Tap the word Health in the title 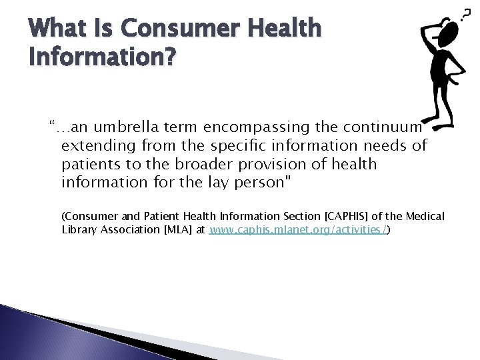point(287,29)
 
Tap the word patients point(88,164)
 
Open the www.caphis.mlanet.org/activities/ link point(298,230)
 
